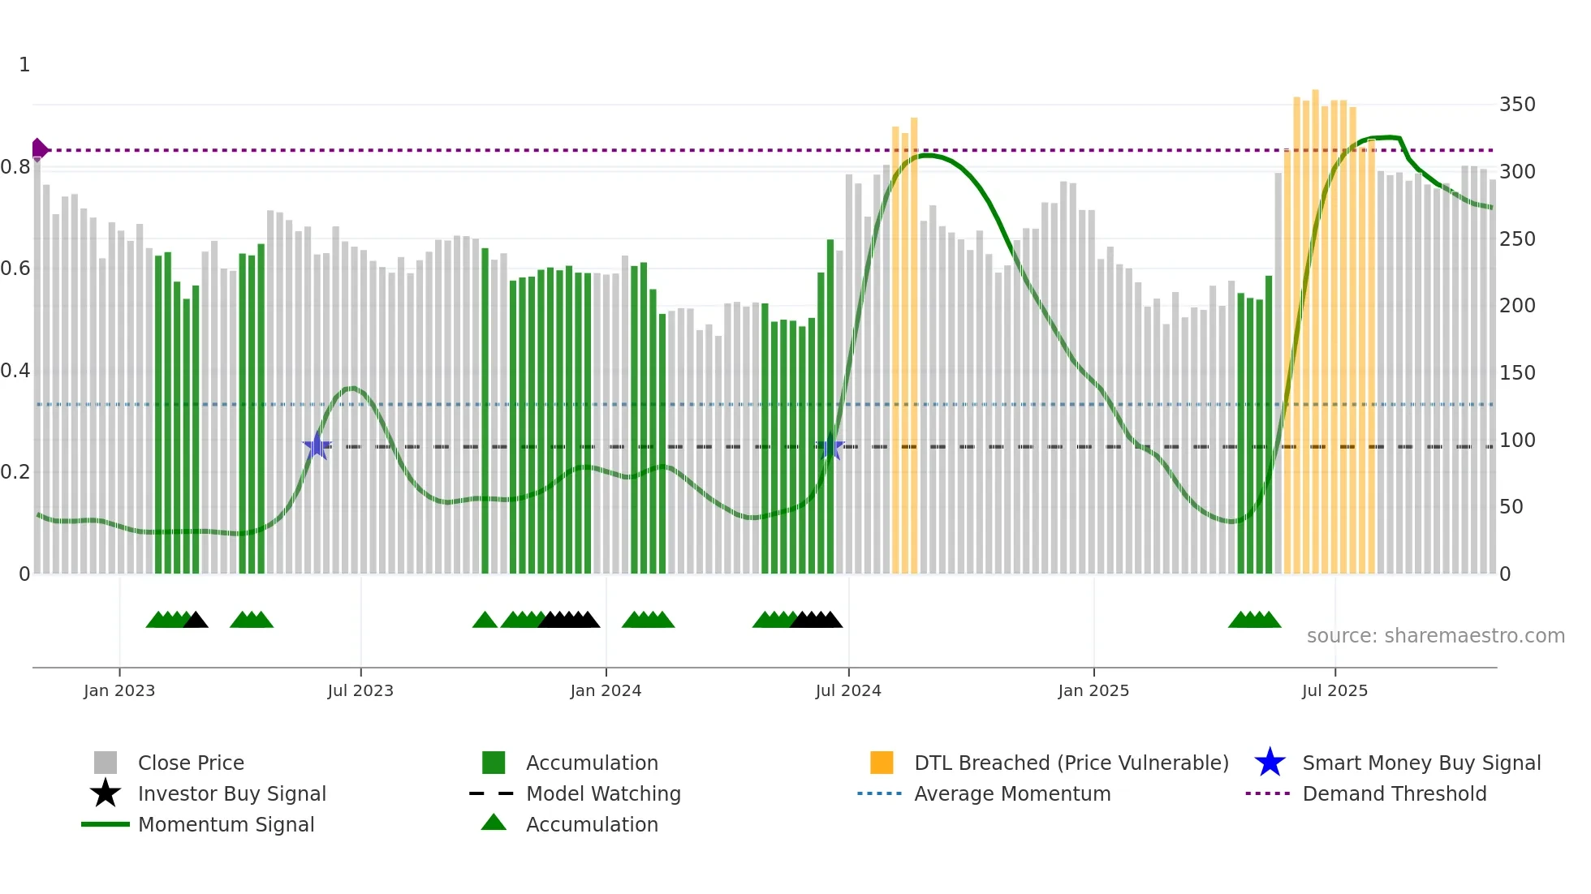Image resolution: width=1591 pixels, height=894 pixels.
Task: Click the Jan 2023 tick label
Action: (x=119, y=690)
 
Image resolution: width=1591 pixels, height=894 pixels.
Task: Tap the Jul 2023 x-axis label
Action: (x=360, y=690)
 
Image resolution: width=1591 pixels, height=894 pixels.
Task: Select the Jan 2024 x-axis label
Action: (x=606, y=690)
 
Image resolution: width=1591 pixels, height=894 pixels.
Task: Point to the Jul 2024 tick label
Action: (x=848, y=690)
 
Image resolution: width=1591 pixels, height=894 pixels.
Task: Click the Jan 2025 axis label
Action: (x=1093, y=690)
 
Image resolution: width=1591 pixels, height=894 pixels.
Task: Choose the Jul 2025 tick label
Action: (x=1334, y=690)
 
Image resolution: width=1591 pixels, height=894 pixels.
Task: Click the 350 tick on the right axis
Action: (x=1517, y=105)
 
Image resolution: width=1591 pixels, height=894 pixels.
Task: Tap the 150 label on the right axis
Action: (x=1517, y=373)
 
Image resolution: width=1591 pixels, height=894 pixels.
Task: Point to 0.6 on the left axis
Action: (x=15, y=269)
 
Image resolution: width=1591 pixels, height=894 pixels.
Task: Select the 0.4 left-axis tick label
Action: (x=15, y=371)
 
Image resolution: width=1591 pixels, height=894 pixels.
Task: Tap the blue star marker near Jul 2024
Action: (x=830, y=447)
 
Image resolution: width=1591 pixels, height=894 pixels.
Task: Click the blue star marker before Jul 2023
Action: (x=317, y=446)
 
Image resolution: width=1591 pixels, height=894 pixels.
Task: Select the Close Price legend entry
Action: (x=190, y=763)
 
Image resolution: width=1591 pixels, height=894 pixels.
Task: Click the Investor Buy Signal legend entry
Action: (x=231, y=793)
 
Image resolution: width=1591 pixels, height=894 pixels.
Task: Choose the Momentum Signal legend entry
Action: (x=226, y=824)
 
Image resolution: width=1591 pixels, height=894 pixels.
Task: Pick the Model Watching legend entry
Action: (x=602, y=793)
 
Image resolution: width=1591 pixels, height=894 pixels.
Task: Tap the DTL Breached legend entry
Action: (x=1071, y=763)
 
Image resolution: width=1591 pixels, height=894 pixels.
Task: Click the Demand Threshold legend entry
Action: (x=1394, y=793)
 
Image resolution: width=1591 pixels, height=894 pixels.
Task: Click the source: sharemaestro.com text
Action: (x=1435, y=636)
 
